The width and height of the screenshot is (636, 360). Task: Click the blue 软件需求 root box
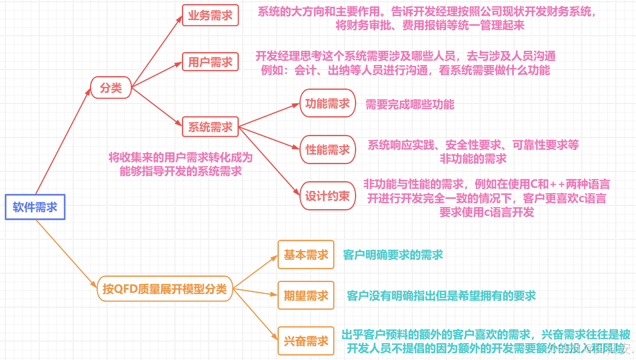pos(35,207)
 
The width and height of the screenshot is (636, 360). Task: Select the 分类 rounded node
pos(111,87)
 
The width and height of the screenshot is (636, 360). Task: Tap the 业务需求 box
pos(210,15)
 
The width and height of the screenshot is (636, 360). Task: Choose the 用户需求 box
pos(210,61)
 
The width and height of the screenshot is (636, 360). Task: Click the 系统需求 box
pos(210,127)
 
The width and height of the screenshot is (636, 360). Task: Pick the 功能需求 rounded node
pos(328,103)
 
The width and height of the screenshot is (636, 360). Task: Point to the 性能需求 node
pos(328,150)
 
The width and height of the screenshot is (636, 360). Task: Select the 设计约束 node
pos(328,196)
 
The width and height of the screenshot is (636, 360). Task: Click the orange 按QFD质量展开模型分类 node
pos(165,289)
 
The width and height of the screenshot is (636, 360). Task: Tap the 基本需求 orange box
pos(306,255)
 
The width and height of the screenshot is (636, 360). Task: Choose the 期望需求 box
pos(306,295)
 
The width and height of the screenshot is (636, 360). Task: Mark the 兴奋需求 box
pos(306,341)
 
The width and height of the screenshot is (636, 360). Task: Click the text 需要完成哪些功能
pos(410,105)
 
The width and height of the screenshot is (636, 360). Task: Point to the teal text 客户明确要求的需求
pos(393,255)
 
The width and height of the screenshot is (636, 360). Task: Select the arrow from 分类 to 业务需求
pos(157,51)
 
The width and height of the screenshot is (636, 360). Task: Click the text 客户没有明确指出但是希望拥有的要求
pos(441,295)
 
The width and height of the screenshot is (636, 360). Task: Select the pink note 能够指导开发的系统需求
pos(181,171)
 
